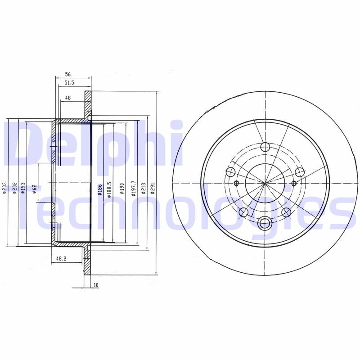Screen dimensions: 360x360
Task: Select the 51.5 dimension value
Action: click(69, 83)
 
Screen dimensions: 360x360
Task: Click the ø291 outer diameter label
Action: click(153, 188)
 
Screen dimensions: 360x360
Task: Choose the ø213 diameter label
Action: click(143, 188)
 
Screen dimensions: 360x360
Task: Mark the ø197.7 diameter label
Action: click(133, 188)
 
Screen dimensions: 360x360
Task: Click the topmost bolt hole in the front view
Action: click(265, 147)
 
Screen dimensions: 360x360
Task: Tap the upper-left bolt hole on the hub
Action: click(231, 171)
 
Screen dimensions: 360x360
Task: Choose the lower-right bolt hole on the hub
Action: click(286, 212)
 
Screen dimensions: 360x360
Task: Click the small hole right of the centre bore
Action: click(294, 183)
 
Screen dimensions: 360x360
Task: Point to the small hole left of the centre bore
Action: click(237, 183)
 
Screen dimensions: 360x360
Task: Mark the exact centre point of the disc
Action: click(265, 183)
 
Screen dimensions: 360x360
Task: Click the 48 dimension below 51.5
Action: click(67, 97)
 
